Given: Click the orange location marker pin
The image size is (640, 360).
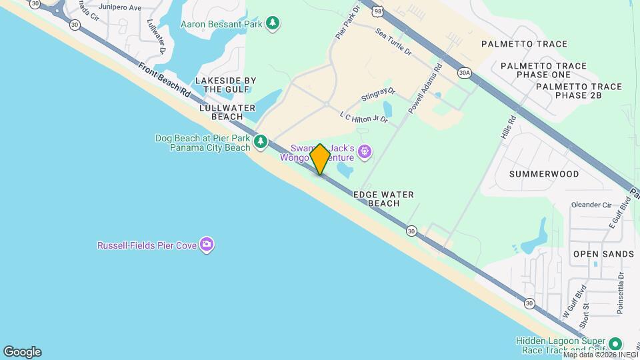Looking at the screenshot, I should click(x=320, y=159).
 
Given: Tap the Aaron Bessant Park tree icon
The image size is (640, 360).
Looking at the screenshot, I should click(x=273, y=24).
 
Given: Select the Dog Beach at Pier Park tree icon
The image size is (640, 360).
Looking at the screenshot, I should click(x=261, y=141).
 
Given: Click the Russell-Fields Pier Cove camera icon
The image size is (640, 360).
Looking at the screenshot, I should click(x=207, y=245).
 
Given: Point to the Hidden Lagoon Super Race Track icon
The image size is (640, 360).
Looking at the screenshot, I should click(x=616, y=345).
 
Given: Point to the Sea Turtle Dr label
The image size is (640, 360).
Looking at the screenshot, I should click(x=394, y=41).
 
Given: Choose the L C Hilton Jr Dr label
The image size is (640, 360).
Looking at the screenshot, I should click(x=363, y=117).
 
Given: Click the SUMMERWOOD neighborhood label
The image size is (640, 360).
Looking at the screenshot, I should click(x=544, y=173).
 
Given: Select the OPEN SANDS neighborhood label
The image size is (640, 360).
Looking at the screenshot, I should click(x=603, y=254).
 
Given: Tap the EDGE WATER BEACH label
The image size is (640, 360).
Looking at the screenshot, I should click(x=383, y=199).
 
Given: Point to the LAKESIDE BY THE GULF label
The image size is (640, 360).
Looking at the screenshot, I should click(x=225, y=85).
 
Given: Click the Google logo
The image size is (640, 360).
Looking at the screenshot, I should click(x=22, y=351).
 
